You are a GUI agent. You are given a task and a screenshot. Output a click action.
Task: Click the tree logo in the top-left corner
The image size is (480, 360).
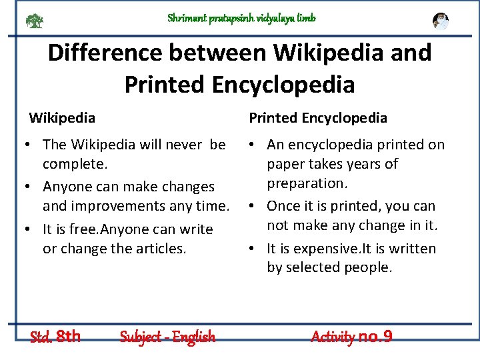[x=34, y=21]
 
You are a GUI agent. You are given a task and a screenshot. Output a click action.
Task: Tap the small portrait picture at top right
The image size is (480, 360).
[x=440, y=21]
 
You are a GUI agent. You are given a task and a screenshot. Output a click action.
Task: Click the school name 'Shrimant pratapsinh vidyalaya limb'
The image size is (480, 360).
[x=241, y=18]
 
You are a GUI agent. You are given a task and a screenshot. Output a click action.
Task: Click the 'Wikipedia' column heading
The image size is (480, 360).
[x=62, y=118]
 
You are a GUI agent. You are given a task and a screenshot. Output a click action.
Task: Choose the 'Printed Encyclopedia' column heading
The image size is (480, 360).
[x=318, y=118]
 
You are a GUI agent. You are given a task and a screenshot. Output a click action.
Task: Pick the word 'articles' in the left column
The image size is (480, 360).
[x=160, y=248]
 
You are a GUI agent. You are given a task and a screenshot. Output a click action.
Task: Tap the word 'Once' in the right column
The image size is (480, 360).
[x=284, y=206]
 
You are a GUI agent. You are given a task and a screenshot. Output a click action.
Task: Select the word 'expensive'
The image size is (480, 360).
[x=323, y=249]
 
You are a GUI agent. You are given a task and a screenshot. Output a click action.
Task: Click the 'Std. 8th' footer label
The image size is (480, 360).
[x=55, y=336]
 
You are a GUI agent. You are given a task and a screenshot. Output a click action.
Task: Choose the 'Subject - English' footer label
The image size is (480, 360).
[x=167, y=337]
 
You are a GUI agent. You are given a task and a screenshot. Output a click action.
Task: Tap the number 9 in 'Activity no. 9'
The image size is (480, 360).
[x=387, y=337]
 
